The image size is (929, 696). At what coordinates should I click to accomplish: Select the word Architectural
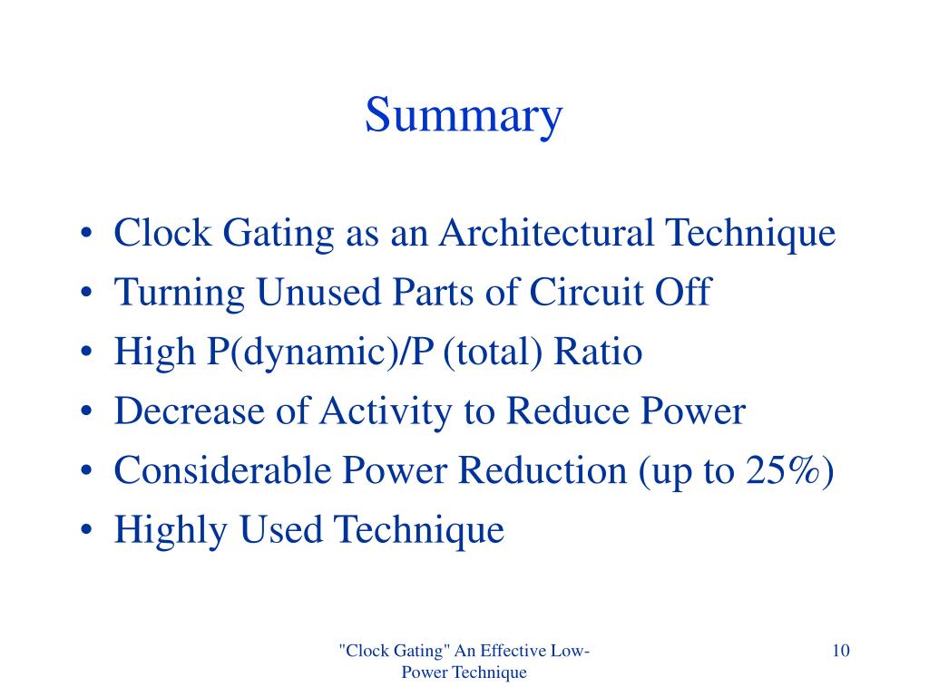point(548,234)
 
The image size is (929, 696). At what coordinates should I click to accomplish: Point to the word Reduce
point(558,411)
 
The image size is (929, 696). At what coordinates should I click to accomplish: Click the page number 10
point(839,651)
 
